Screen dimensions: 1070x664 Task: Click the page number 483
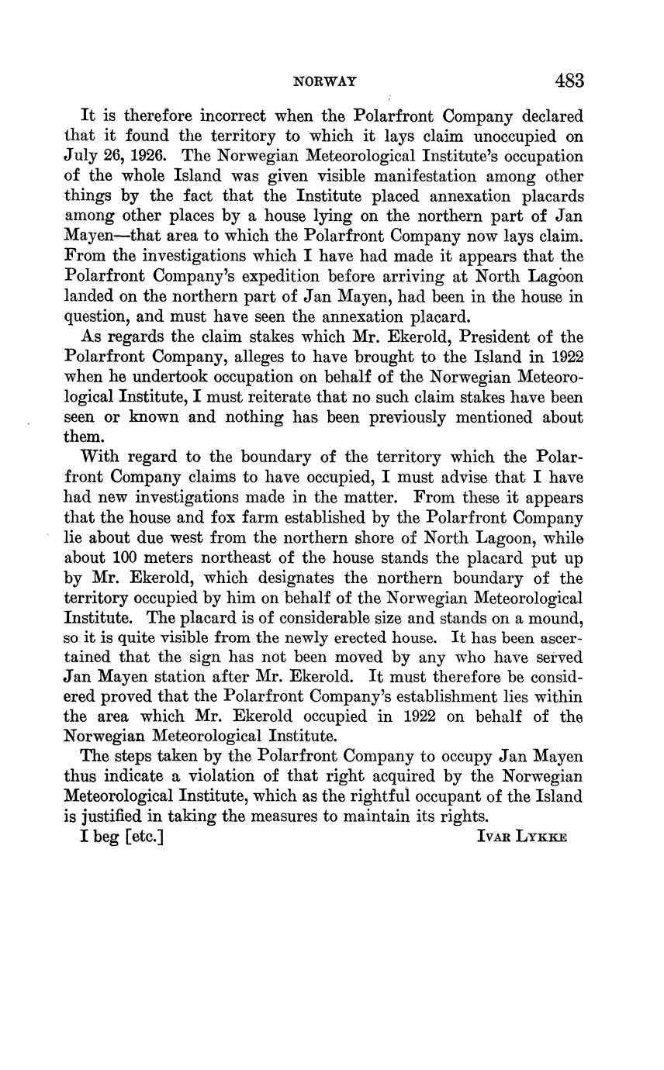[x=569, y=81]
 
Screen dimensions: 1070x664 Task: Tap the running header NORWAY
[x=324, y=81]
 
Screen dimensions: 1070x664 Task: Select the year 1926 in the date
[x=142, y=157]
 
